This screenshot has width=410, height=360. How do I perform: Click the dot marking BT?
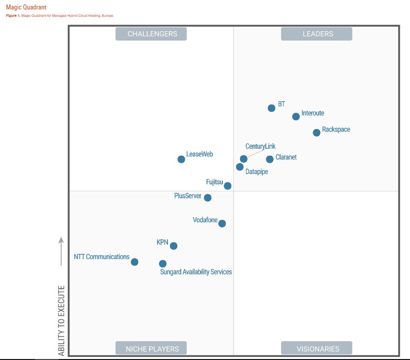(x=271, y=108)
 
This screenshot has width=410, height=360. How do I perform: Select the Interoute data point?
(x=296, y=117)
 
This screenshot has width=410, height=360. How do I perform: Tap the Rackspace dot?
(x=317, y=133)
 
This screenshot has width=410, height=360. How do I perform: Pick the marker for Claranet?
(x=270, y=159)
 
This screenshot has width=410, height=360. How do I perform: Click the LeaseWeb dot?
(x=181, y=159)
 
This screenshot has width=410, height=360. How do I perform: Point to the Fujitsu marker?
(x=227, y=186)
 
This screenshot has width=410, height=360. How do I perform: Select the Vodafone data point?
(x=222, y=224)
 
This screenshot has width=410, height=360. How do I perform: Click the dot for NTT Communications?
(x=134, y=262)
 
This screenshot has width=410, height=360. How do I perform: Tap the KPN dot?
(x=173, y=246)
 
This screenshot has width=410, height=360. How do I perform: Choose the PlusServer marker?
(x=207, y=198)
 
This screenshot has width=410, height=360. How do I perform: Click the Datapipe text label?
(x=256, y=172)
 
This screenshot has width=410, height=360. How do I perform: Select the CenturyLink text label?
(x=260, y=146)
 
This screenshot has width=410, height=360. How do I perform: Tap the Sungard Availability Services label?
(x=196, y=272)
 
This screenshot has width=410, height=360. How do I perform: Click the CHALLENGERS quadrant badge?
(x=151, y=34)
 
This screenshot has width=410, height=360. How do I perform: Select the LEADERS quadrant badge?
(x=317, y=34)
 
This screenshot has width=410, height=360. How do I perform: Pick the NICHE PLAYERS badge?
(x=151, y=348)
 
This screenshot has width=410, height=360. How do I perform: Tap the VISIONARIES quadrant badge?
(x=317, y=348)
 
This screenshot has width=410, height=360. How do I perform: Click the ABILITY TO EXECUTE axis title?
(x=61, y=320)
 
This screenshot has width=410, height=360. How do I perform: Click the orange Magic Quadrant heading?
(x=26, y=7)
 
